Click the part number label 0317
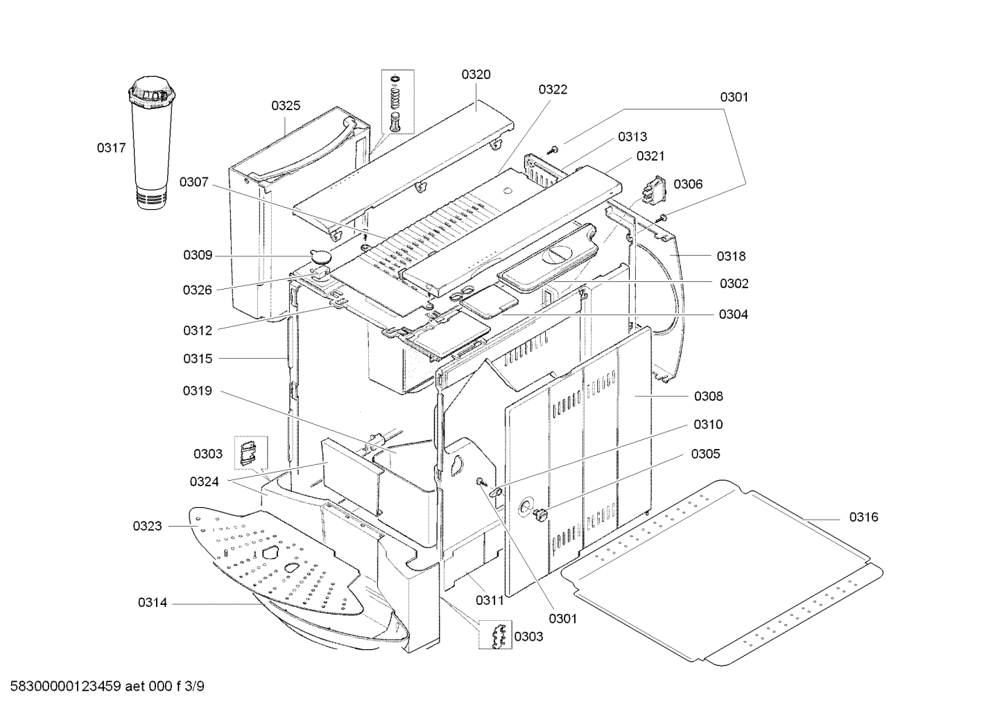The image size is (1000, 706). [111, 147]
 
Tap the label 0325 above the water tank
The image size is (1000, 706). [286, 105]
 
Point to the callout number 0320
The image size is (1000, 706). [476, 75]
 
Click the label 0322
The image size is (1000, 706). [553, 89]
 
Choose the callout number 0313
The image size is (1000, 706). [632, 137]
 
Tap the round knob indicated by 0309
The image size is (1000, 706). [321, 256]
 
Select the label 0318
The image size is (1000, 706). [731, 256]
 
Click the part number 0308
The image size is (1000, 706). [708, 396]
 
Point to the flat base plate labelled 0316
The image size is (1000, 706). [721, 568]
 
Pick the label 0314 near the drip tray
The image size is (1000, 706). [152, 603]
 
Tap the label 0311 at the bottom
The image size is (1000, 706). [490, 601]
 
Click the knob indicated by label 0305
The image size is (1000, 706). [540, 514]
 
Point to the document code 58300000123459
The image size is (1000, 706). [64, 687]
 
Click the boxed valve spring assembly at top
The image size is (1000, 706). [397, 102]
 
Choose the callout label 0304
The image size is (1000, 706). [733, 315]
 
